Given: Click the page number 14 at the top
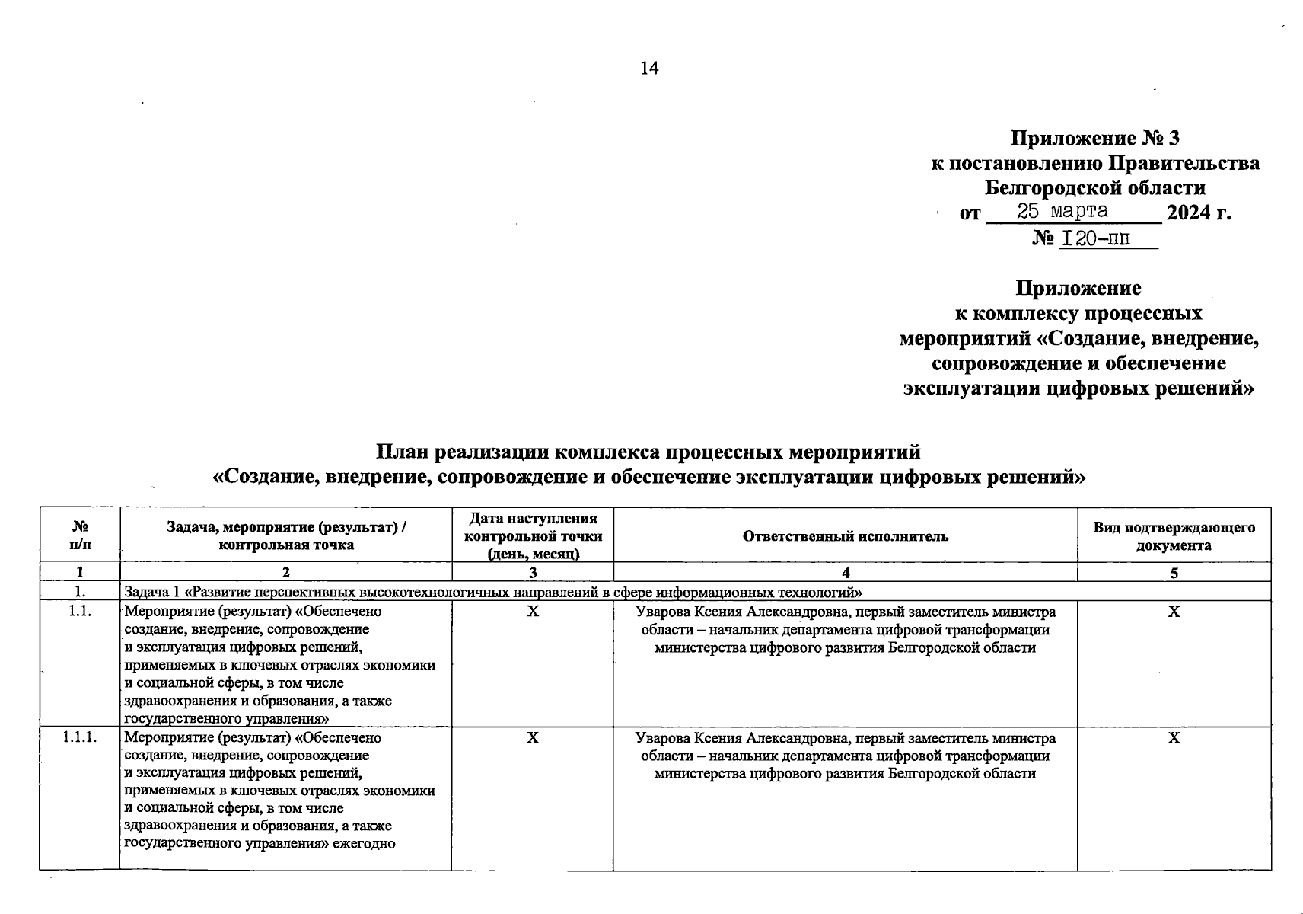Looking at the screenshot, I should [x=649, y=69].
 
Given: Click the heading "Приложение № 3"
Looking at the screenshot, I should [x=1094, y=138].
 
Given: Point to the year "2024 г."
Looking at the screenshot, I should [x=1199, y=213].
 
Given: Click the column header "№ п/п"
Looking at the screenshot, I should [x=80, y=535].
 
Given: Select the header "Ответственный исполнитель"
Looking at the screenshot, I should [x=845, y=536].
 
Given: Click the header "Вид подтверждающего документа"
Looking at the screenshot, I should [x=1174, y=536].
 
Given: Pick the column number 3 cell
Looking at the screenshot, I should [x=533, y=573].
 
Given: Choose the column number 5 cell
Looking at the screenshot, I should [x=1174, y=573].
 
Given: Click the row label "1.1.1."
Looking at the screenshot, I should [x=80, y=738].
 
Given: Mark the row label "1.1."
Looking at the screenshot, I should [x=80, y=612].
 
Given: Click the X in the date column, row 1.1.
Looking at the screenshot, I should [x=533, y=612].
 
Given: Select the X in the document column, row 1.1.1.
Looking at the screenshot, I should [x=1174, y=738].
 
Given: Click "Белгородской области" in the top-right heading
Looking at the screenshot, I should [x=1094, y=187].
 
